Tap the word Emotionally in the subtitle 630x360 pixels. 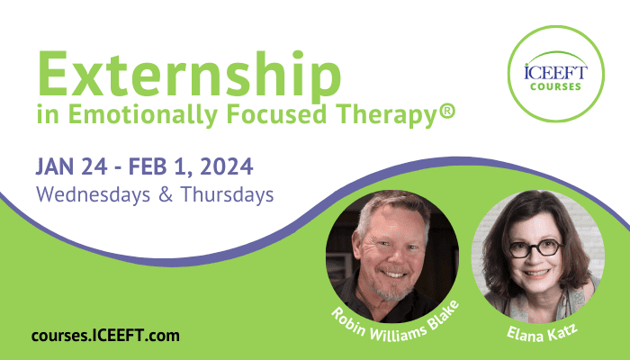[143, 115]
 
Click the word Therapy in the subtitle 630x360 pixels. [386, 115]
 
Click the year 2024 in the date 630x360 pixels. [227, 166]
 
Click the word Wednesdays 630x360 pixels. [94, 194]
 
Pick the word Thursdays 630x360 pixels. [228, 194]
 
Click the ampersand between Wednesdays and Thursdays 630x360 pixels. [166, 194]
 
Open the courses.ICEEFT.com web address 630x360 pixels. [105, 336]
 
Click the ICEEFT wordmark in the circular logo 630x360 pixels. [555, 72]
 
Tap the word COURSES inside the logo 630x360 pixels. [555, 86]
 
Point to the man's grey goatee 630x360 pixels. [388, 289]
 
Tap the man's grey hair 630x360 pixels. [391, 209]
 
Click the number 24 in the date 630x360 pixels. [94, 166]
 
